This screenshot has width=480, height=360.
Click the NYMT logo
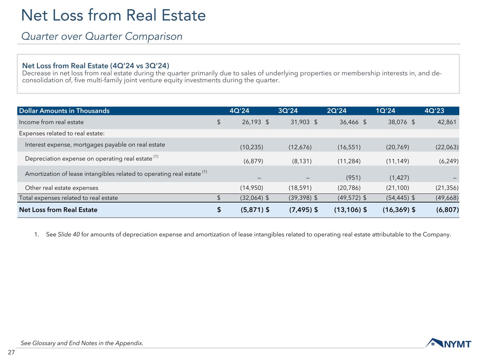click(x=448, y=343)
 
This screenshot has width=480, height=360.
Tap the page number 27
click(x=11, y=352)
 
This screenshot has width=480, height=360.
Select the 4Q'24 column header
click(x=239, y=111)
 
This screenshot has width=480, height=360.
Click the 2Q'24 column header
click(x=337, y=111)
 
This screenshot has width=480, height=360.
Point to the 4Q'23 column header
click(x=434, y=111)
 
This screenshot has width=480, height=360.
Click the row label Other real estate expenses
click(x=62, y=188)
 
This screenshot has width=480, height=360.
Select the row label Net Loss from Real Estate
click(x=58, y=210)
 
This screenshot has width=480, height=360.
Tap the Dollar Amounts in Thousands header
click(x=64, y=111)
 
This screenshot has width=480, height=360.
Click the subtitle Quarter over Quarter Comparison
click(x=102, y=36)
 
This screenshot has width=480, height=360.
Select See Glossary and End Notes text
click(x=82, y=343)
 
